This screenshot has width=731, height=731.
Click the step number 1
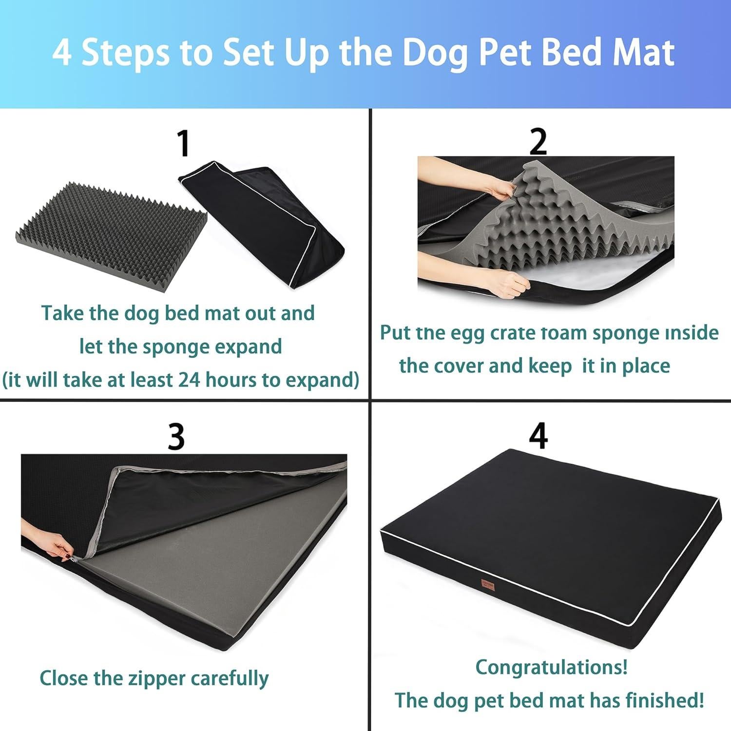click(183, 144)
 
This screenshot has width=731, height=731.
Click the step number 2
click(538, 142)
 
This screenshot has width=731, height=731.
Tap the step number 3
click(176, 437)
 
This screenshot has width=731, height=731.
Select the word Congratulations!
click(551, 667)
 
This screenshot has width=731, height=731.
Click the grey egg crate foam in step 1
click(110, 234)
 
